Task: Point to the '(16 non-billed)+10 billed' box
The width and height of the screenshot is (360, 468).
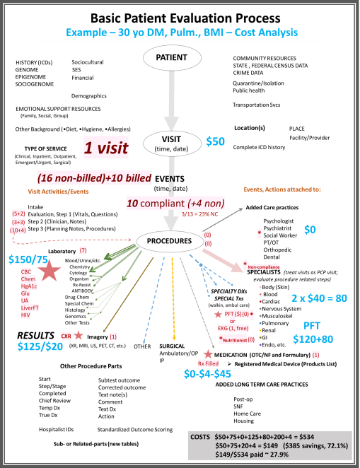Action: tap(95, 177)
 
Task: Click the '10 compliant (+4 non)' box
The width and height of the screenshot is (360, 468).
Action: tap(170, 204)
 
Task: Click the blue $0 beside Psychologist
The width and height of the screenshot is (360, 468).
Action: tap(308, 230)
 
